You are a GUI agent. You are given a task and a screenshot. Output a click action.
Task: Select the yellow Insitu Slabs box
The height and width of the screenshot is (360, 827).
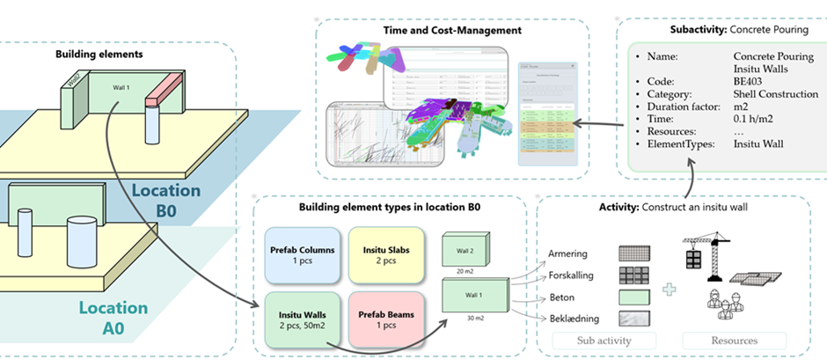click(381, 256)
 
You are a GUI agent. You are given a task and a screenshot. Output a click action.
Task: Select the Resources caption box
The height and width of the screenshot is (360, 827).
click(733, 340)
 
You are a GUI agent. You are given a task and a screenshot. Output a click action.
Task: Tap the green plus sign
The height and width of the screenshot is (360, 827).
click(669, 288)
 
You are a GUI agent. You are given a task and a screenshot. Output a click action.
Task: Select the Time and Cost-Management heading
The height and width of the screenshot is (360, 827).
click(452, 30)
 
